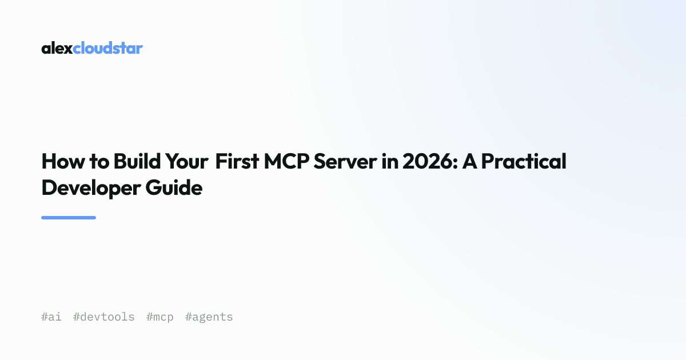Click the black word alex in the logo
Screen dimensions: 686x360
(x=57, y=48)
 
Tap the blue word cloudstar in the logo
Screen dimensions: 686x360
(x=108, y=48)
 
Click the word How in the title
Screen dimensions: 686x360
(x=63, y=161)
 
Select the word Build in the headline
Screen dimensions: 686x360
(x=137, y=161)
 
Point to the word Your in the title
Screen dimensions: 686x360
(x=187, y=161)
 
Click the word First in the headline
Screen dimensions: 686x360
(x=237, y=161)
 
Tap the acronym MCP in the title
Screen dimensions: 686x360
(x=286, y=161)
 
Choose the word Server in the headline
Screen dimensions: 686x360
(x=345, y=161)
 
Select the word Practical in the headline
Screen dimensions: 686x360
(x=524, y=161)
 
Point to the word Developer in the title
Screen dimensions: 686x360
(x=91, y=188)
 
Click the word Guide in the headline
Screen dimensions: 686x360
(x=174, y=187)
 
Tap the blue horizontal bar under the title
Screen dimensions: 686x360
(x=69, y=218)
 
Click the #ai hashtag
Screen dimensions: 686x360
(x=51, y=317)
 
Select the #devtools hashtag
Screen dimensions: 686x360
(x=104, y=317)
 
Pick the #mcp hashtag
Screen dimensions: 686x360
(x=160, y=318)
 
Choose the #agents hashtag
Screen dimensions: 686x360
(x=209, y=318)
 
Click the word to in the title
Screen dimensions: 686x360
(x=99, y=162)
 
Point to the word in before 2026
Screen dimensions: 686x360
(x=390, y=161)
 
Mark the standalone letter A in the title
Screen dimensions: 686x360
(x=469, y=161)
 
